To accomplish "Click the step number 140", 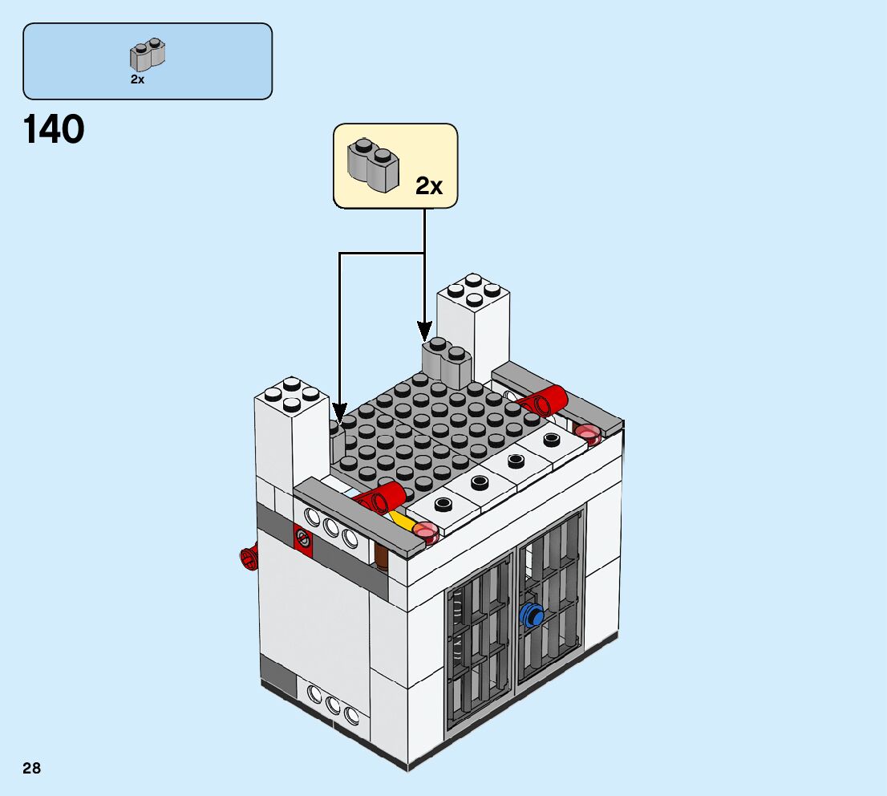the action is point(54,130).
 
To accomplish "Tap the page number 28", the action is point(31,769).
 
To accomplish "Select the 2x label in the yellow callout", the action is point(429,186).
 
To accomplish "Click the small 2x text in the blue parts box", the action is point(137,79).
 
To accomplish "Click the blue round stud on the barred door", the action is point(531,615).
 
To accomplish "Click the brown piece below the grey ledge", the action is point(383,556).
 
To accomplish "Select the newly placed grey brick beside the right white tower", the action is point(446,361).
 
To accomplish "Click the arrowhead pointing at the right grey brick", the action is point(424,330).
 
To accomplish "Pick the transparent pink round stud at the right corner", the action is point(589,433).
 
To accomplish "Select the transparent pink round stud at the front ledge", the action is point(424,531).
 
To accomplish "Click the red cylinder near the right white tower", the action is point(543,400).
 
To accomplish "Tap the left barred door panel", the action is point(480,642).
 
